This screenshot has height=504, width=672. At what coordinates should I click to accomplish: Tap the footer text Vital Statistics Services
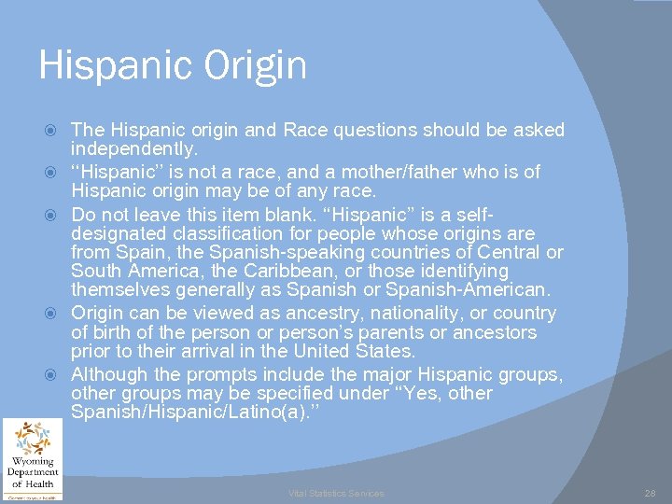336,493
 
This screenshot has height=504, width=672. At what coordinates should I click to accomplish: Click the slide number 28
650,493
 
